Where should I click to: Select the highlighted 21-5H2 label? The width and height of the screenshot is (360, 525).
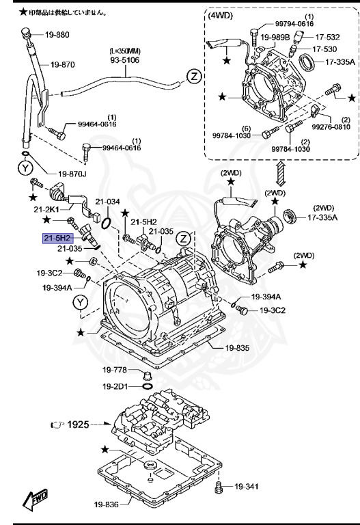[x=57, y=238]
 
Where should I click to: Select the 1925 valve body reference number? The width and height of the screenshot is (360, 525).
[x=79, y=425]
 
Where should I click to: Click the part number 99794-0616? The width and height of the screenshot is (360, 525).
[x=294, y=23]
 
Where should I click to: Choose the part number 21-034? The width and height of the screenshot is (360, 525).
[x=107, y=202]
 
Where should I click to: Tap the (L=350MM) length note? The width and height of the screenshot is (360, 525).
[x=124, y=51]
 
